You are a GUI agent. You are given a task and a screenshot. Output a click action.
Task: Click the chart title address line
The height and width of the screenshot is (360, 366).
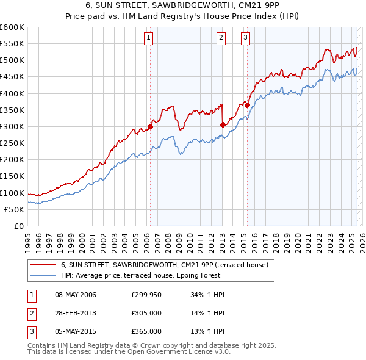[x=183, y=5]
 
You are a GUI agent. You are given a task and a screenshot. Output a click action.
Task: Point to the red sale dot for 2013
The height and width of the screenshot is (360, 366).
[x=223, y=125]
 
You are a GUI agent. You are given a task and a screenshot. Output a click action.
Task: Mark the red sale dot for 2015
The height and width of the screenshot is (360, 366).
[x=247, y=105]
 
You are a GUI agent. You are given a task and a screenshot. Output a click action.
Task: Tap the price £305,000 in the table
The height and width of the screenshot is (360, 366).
[x=146, y=313]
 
